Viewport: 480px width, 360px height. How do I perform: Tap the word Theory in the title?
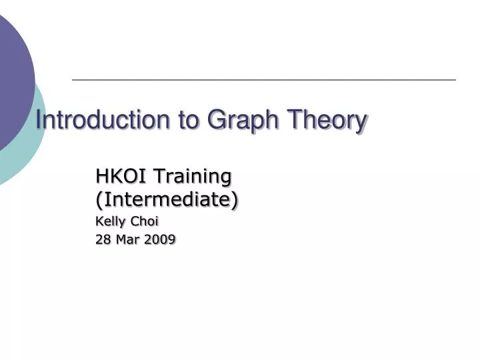pos(327,121)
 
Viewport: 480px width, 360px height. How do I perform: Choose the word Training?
pos(193,177)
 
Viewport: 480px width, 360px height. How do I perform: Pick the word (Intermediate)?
pos(167,199)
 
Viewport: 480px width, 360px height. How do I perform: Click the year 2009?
pos(161,239)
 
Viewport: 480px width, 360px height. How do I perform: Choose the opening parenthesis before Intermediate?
pos(99,199)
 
